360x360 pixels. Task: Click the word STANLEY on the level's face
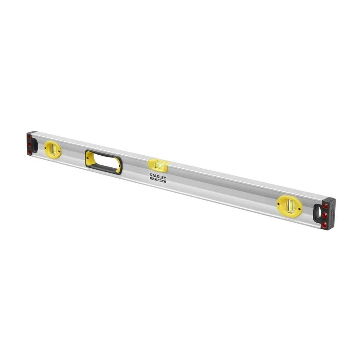(x=158, y=176)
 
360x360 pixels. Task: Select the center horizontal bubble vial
(x=158, y=165)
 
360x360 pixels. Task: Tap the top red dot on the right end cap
(x=325, y=206)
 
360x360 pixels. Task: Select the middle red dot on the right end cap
(x=324, y=215)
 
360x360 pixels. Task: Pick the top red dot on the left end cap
(x=29, y=137)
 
